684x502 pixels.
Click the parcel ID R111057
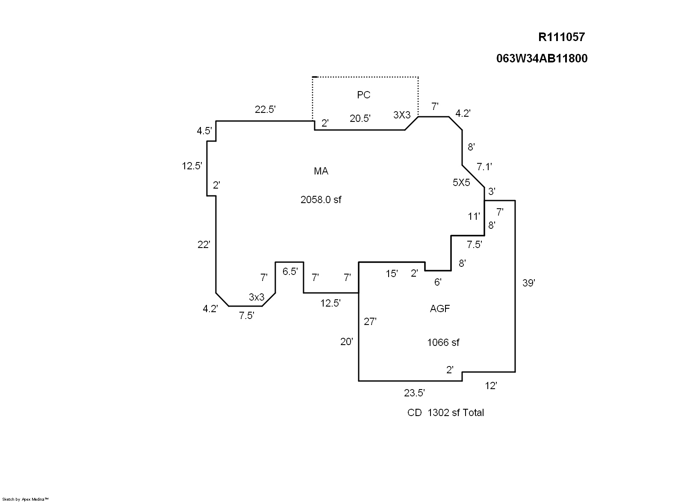[561, 37]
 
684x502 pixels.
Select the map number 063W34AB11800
[542, 59]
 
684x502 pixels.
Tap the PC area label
[363, 95]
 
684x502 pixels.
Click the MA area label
[321, 171]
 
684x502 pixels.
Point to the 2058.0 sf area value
[321, 200]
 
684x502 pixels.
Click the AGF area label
[440, 308]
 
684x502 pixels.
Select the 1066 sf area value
[443, 343]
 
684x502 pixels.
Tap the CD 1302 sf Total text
[445, 413]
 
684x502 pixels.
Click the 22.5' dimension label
[265, 109]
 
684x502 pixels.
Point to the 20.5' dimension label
[360, 119]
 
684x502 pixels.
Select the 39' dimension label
[529, 283]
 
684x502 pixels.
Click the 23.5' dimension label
[414, 393]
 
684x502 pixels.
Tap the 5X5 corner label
[461, 183]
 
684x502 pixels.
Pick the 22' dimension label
[204, 245]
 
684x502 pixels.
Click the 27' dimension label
[370, 322]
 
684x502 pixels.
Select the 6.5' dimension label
[290, 272]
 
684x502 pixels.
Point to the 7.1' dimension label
[484, 167]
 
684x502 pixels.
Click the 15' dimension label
[392, 274]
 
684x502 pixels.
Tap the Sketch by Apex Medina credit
[26, 499]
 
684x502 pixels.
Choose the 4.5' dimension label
[204, 131]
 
